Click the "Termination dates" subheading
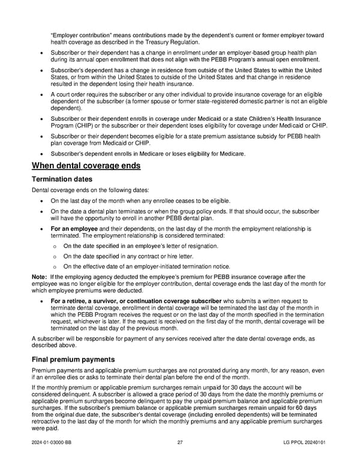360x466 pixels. click(63, 179)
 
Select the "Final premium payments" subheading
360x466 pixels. click(74, 360)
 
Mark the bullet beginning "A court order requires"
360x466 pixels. click(40, 94)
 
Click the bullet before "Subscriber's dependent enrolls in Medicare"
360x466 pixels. click(40, 154)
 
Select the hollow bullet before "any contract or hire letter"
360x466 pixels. click(54, 256)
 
